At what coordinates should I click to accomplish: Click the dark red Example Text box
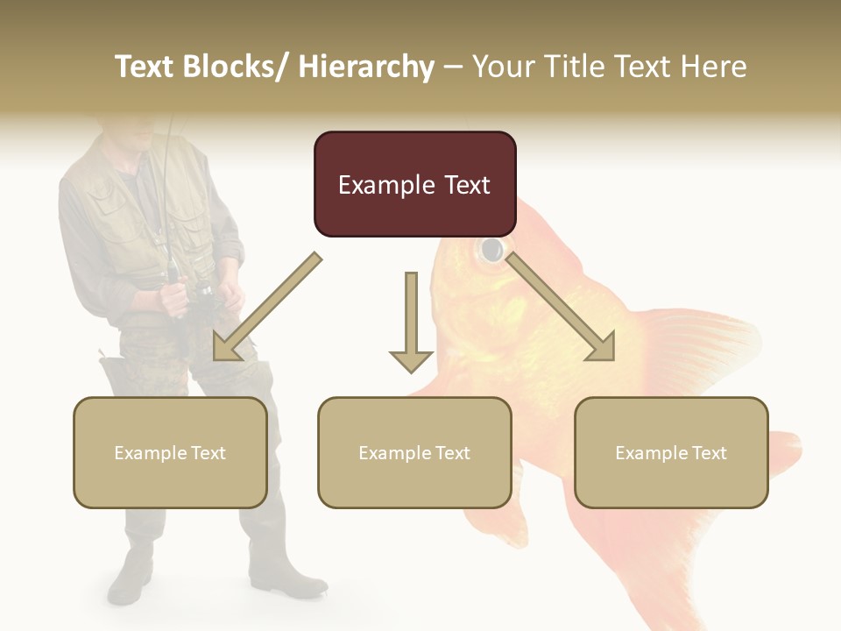[414, 184]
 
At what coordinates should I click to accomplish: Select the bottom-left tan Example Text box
[170, 452]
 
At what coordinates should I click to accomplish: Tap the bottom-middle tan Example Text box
[414, 452]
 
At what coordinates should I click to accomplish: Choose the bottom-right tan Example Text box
[671, 452]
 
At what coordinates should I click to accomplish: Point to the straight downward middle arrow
[411, 324]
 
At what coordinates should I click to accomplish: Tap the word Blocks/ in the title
[241, 67]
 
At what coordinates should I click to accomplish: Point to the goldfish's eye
[492, 250]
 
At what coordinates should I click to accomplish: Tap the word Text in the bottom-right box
[709, 452]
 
